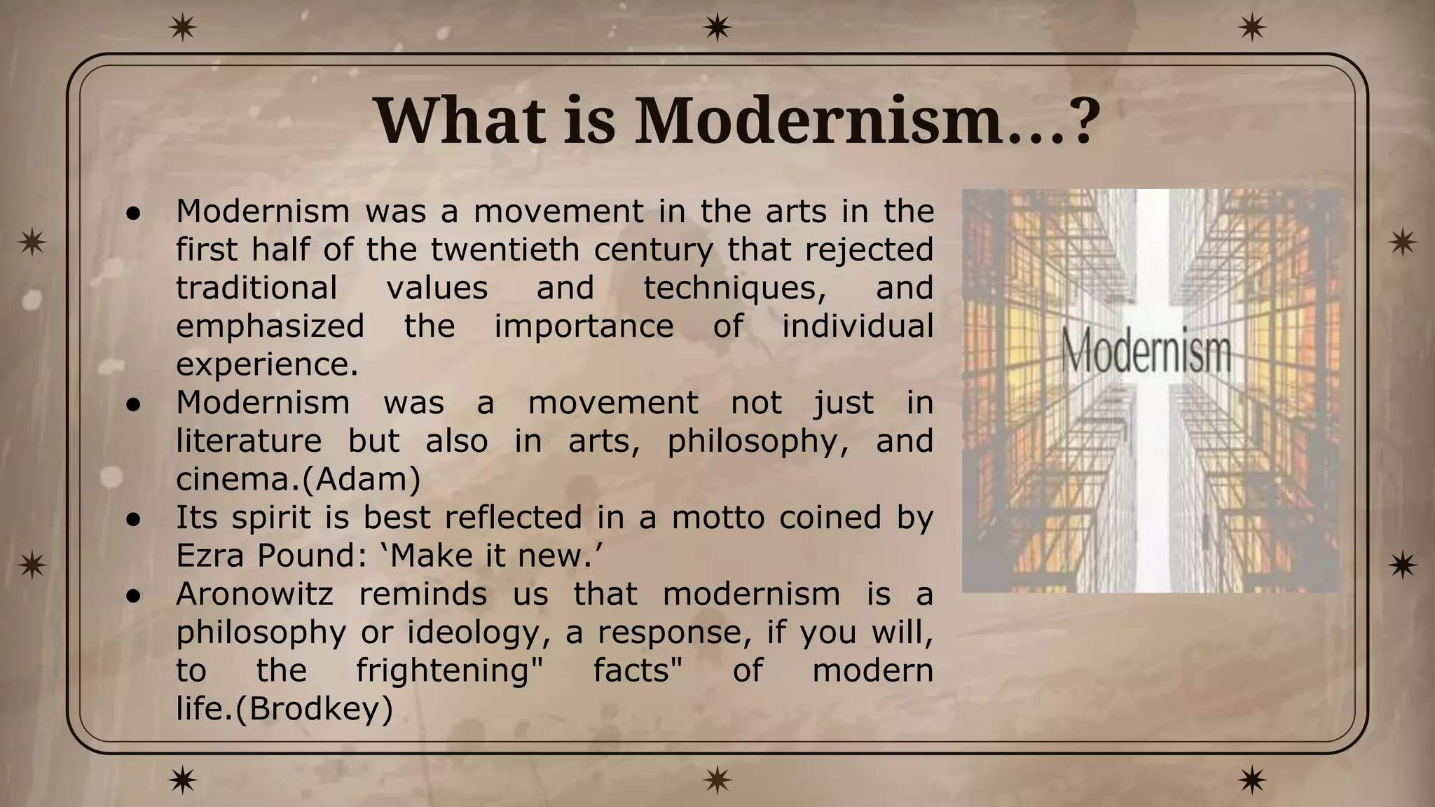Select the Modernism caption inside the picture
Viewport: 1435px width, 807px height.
[x=1146, y=352]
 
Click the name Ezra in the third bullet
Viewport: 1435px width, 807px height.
[x=212, y=556]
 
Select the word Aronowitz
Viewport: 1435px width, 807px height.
[x=254, y=594]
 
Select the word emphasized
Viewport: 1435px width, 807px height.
[x=270, y=326]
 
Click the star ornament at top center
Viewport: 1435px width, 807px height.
[x=717, y=28]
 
